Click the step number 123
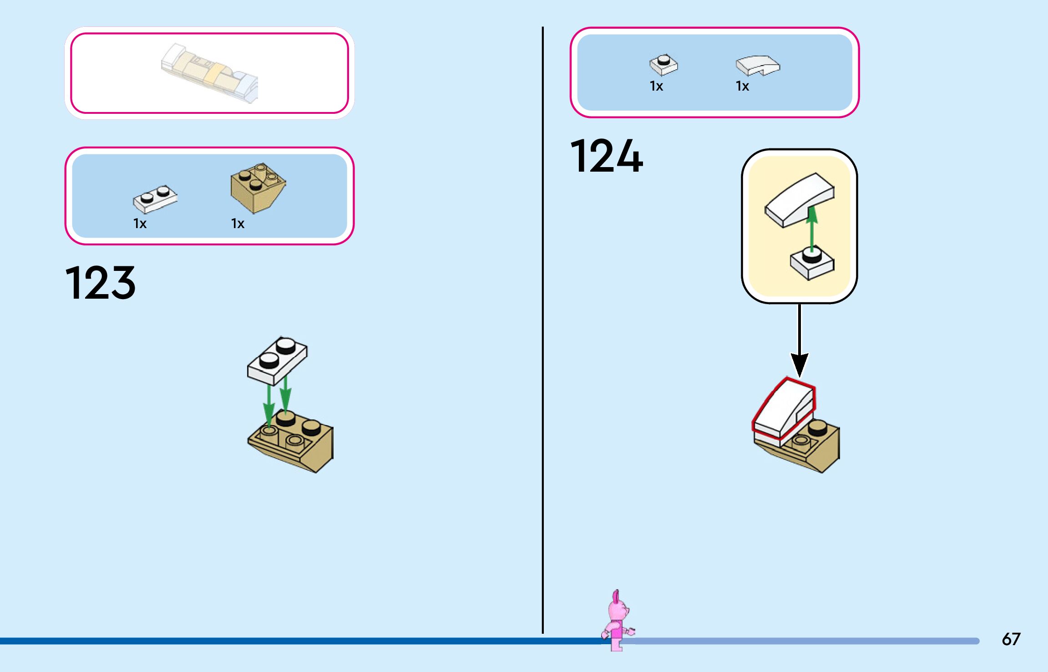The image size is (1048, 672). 101,283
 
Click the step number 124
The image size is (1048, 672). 606,156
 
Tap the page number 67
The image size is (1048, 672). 1011,639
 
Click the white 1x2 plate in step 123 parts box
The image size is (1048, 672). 155,199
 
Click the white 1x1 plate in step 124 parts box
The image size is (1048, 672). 663,65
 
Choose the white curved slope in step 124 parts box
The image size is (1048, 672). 757,66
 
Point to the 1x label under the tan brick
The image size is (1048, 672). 238,224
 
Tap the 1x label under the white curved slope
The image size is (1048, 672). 742,86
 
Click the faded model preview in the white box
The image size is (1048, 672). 210,73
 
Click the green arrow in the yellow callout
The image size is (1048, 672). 812,228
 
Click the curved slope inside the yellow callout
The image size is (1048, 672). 799,199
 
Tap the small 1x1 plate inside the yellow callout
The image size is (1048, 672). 812,264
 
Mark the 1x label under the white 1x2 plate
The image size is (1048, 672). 140,224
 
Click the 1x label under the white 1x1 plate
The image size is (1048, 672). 656,86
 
